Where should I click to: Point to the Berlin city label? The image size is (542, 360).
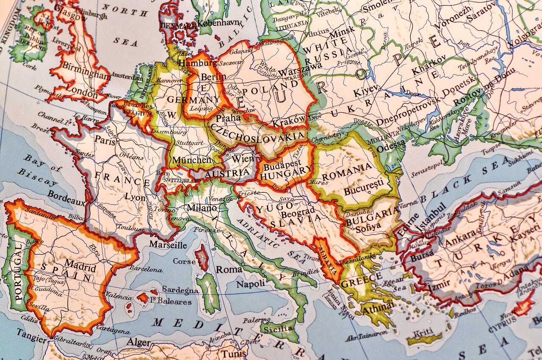213,77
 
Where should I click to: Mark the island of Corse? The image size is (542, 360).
202,258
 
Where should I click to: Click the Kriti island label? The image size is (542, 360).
424,332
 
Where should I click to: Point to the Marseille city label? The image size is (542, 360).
168,245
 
